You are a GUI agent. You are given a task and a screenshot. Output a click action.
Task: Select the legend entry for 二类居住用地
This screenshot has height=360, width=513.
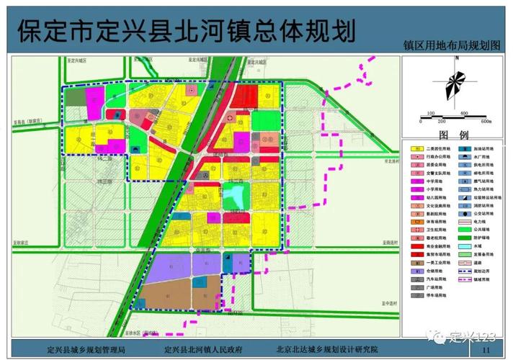tap(432, 149)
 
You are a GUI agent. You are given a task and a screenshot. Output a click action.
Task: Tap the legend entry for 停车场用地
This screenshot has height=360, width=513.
tap(432, 295)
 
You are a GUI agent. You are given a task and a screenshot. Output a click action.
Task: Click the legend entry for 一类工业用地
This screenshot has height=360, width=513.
tap(432, 262)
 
